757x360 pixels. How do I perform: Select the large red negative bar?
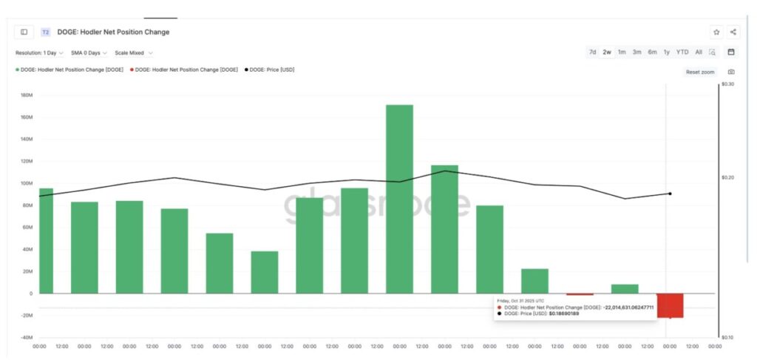[x=670, y=305]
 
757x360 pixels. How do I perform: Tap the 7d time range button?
[x=592, y=52]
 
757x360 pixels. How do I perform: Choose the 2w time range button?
[x=607, y=52]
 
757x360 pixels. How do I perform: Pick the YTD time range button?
[x=682, y=52]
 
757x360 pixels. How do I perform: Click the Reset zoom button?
[x=699, y=72]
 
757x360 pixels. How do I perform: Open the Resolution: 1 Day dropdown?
[x=39, y=53]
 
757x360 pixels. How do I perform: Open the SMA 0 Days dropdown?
[x=89, y=53]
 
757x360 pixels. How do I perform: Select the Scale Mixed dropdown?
[x=134, y=53]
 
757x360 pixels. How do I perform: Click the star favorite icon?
[x=716, y=32]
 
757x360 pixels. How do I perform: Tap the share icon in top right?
[x=733, y=32]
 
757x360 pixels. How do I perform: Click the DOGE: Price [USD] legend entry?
[x=271, y=69]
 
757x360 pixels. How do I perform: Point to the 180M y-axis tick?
[x=26, y=95]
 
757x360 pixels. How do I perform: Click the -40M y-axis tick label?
[x=26, y=337]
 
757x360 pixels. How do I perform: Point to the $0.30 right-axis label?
[x=727, y=84]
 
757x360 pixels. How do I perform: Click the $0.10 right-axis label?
[x=727, y=337]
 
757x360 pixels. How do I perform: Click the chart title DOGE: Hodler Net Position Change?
[x=113, y=33]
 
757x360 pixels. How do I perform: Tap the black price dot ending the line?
[x=670, y=194]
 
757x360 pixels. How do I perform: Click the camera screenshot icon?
[x=731, y=72]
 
